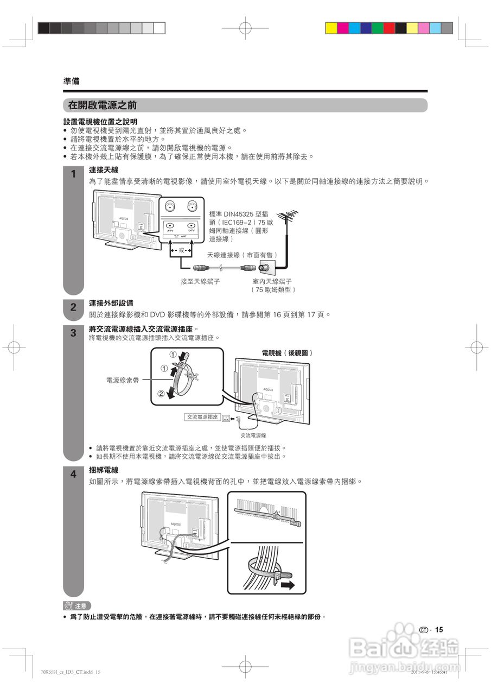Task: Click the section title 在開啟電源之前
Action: click(102, 105)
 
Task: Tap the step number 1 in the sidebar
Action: click(73, 175)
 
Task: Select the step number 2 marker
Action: click(73, 307)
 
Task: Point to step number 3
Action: click(73, 333)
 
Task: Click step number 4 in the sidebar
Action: click(73, 475)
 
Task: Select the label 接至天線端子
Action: click(200, 281)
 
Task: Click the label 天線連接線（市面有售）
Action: click(242, 255)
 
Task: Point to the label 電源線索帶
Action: click(123, 381)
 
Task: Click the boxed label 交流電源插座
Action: click(202, 417)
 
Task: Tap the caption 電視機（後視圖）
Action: click(287, 353)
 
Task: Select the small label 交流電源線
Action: click(253, 435)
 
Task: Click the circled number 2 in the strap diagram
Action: click(161, 394)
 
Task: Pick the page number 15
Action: click(439, 630)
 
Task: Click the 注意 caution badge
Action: click(77, 605)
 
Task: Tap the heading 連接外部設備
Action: click(111, 303)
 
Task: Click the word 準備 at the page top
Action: click(71, 81)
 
